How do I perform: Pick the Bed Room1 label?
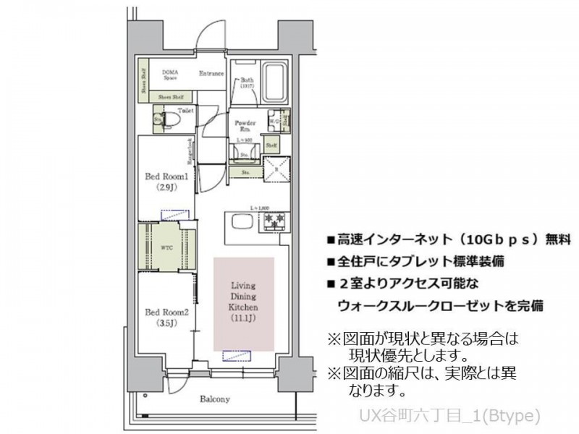(x=166, y=176)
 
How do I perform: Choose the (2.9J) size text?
(x=166, y=187)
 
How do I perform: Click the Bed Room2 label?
(x=166, y=312)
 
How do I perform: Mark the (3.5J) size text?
(x=166, y=324)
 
